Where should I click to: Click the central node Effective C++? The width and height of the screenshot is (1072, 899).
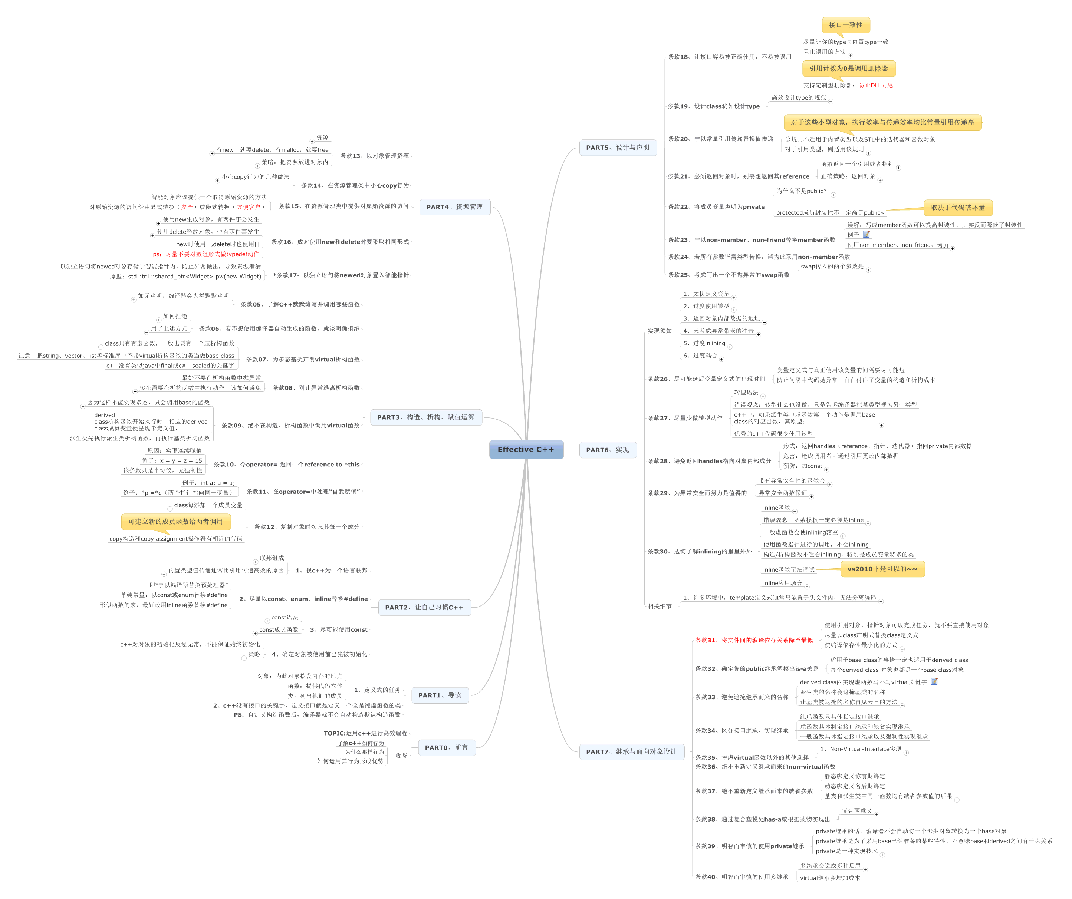tap(526, 449)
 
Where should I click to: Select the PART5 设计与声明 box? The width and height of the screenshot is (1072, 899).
tap(618, 148)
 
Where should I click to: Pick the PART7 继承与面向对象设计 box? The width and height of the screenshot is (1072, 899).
tap(631, 751)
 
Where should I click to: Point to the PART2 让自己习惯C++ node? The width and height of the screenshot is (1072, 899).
tap(424, 607)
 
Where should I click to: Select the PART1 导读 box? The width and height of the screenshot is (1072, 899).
tap(440, 695)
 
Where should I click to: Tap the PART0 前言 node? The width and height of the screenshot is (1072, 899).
tap(446, 747)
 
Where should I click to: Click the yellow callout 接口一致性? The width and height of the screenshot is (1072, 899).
tap(845, 24)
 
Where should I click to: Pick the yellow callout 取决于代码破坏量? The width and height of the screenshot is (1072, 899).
tap(958, 208)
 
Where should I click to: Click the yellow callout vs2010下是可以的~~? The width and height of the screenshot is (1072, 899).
tap(882, 569)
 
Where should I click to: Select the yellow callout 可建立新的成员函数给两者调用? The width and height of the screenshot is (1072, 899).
tap(175, 522)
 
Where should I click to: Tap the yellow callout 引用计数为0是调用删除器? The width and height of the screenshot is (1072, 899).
tap(848, 68)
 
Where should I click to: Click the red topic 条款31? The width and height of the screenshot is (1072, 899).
tap(753, 640)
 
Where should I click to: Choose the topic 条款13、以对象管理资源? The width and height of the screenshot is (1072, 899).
tap(374, 156)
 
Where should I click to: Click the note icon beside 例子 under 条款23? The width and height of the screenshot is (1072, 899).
tap(866, 234)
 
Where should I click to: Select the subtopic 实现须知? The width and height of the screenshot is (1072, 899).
tap(660, 331)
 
